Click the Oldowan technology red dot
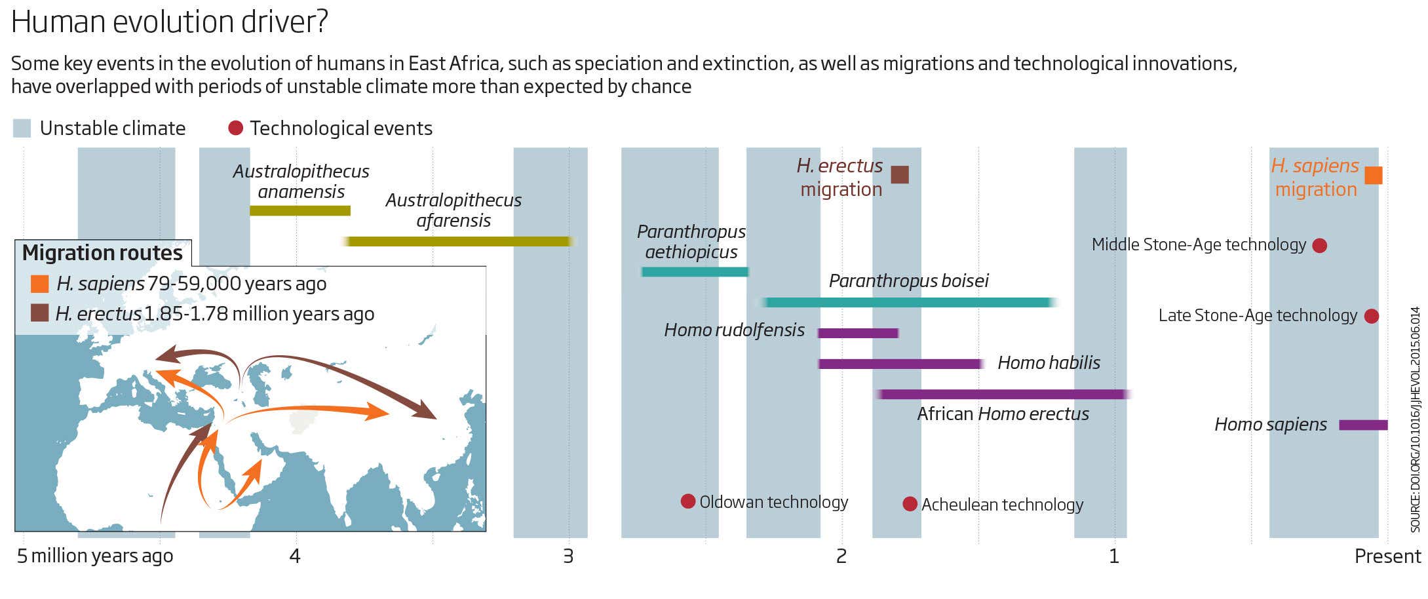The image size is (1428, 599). tap(687, 501)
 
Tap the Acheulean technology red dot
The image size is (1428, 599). tap(910, 504)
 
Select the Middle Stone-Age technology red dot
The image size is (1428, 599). tap(1320, 246)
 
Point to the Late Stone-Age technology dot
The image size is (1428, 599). tap(1372, 317)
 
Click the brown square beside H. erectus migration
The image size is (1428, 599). tap(900, 175)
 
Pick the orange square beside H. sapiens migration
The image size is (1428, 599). tap(1374, 176)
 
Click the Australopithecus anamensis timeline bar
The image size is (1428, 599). tap(300, 211)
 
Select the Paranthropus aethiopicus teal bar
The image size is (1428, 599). tap(695, 272)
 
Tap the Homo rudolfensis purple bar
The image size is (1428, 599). tap(858, 333)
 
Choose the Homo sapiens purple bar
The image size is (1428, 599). tap(1363, 425)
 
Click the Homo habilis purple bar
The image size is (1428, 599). tap(900, 364)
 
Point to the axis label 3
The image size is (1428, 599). tap(568, 556)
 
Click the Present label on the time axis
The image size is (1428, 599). tap(1387, 556)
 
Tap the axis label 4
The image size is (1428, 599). tap(295, 556)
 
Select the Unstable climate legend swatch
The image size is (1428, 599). tap(22, 128)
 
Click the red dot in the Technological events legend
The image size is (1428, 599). tap(236, 128)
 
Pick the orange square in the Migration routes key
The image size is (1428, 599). tap(40, 284)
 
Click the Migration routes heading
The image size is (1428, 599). tap(102, 253)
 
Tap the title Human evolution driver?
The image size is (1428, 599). tap(170, 22)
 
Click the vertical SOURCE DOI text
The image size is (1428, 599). tap(1415, 419)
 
